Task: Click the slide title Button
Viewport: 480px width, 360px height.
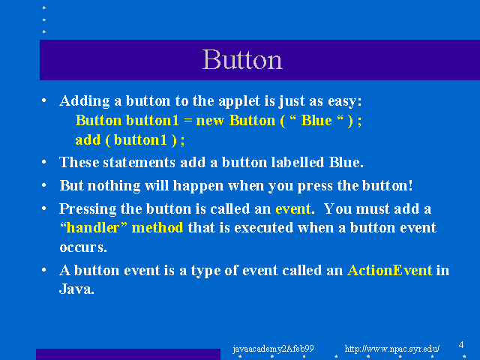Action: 242,59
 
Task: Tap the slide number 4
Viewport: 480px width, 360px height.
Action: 461,345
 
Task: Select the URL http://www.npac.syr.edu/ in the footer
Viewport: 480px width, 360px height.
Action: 392,349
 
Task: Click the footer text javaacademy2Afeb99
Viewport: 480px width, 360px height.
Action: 273,349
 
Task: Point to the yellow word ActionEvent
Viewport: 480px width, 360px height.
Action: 390,270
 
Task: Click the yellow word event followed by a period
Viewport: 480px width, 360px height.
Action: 293,209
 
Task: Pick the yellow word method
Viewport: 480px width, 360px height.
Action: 157,228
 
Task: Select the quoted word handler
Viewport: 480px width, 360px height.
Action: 93,228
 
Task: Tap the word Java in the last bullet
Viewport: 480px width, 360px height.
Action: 76,289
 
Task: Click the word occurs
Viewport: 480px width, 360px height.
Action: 83,247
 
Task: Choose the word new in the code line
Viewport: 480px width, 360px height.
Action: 210,121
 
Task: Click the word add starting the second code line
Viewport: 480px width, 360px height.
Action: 88,140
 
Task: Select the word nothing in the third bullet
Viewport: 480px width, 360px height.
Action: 114,186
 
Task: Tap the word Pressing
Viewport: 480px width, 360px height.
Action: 88,209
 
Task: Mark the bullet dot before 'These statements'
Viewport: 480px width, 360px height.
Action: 44,161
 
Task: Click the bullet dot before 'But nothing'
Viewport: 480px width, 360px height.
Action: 44,185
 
